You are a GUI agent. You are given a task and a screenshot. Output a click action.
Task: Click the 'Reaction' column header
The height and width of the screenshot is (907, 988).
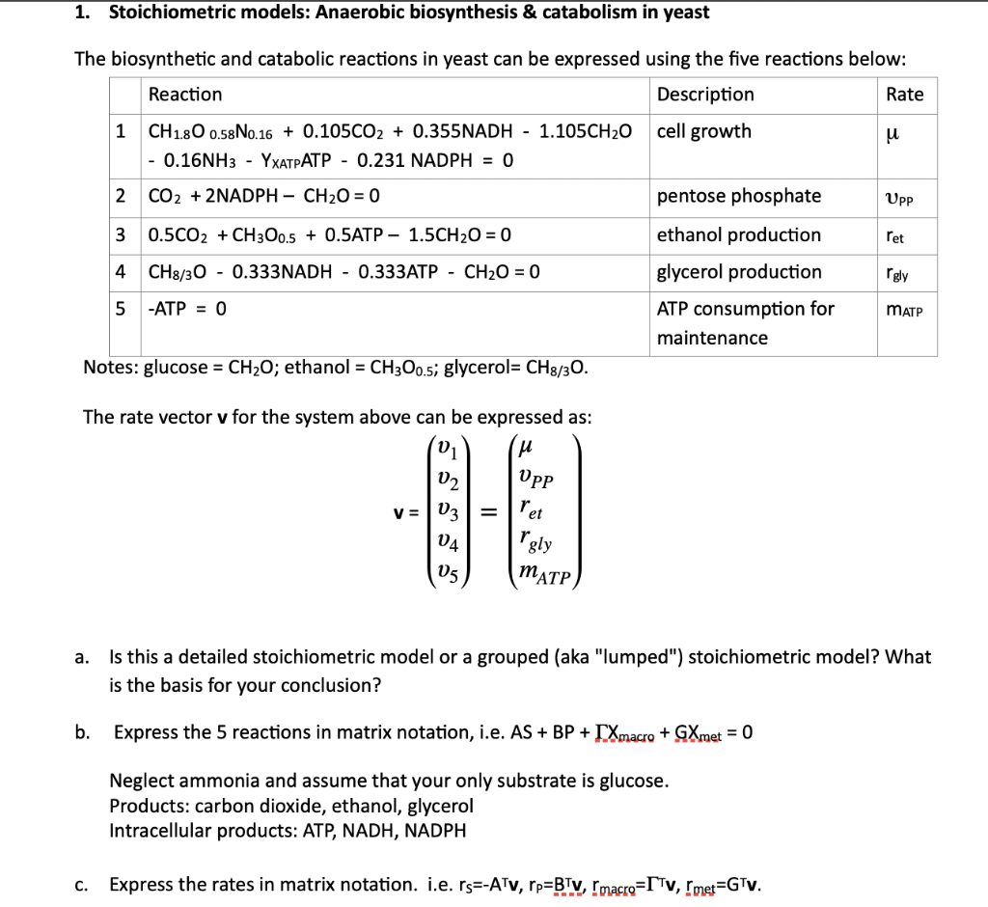pyautogui.click(x=184, y=95)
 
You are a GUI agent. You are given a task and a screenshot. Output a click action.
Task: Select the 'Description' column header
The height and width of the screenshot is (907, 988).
pyautogui.click(x=705, y=95)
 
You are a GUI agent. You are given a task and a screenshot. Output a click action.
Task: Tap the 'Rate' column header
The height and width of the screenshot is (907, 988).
pyautogui.click(x=904, y=95)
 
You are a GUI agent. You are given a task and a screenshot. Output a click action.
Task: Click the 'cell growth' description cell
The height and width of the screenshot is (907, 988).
pyautogui.click(x=703, y=131)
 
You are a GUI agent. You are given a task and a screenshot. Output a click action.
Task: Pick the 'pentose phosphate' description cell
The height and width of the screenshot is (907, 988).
pyautogui.click(x=739, y=196)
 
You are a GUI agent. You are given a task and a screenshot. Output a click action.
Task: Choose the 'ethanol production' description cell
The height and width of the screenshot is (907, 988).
pyautogui.click(x=738, y=234)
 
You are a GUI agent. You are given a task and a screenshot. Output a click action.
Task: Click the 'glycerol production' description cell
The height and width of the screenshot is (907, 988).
pyautogui.click(x=739, y=272)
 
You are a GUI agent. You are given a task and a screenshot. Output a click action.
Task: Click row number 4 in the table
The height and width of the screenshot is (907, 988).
pyautogui.click(x=121, y=272)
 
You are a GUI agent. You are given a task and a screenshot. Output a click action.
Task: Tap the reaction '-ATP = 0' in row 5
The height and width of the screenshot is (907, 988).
pyautogui.click(x=187, y=310)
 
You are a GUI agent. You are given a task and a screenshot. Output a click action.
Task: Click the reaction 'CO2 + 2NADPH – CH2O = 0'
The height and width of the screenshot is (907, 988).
pyautogui.click(x=263, y=196)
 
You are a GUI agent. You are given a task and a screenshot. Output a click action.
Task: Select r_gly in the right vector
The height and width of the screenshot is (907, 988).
pyautogui.click(x=535, y=541)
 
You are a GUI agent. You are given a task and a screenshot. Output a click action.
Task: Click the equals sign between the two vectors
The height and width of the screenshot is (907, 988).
pyautogui.click(x=487, y=508)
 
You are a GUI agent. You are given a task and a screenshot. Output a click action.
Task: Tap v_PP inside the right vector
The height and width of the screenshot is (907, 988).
pyautogui.click(x=535, y=478)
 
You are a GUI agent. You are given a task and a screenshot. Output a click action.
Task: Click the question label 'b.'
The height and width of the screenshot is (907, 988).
pyautogui.click(x=84, y=732)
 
